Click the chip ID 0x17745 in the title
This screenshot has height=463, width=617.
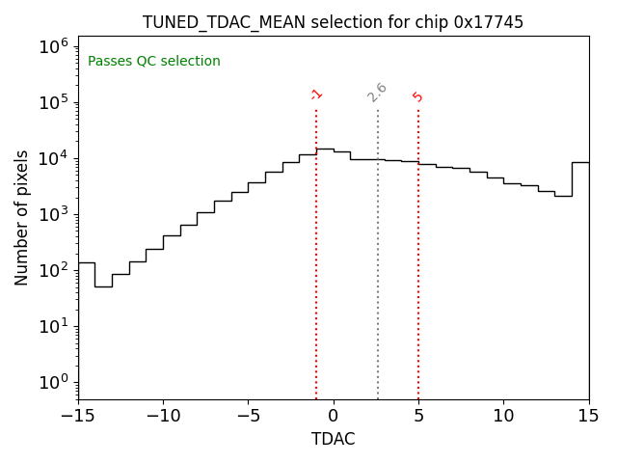[489, 22]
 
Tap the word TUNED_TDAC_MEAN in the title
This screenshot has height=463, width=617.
[220, 22]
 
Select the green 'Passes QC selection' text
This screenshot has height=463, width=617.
[154, 62]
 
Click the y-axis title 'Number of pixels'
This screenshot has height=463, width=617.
[22, 218]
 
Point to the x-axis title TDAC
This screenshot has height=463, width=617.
[334, 439]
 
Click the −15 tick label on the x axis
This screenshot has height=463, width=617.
[78, 416]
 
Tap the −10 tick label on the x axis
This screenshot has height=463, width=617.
[163, 416]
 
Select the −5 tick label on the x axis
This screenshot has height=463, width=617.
[248, 416]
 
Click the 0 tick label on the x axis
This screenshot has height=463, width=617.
[334, 416]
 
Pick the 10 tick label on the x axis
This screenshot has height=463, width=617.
[503, 416]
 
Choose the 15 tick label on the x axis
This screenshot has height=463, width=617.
[588, 416]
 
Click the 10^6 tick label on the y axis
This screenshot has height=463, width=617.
[52, 46]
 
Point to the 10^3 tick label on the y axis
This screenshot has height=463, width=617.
[52, 214]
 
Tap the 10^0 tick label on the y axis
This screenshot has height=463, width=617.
[52, 382]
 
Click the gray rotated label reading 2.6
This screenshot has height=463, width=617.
[377, 93]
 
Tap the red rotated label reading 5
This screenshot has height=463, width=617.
[417, 96]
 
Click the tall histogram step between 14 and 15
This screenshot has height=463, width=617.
[580, 162]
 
